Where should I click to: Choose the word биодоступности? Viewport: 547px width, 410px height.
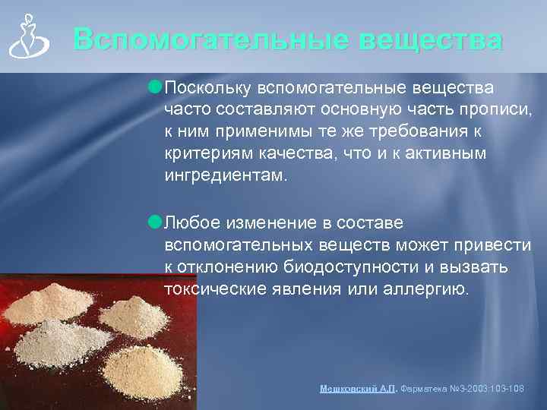pyautogui.click(x=351, y=268)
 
